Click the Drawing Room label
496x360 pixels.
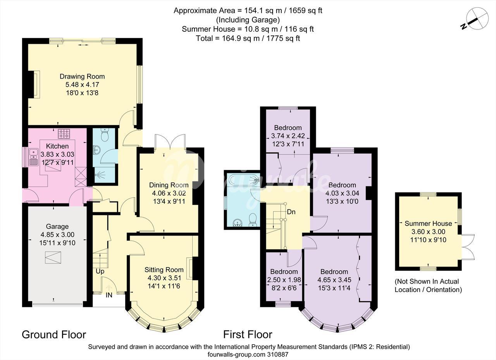pyautogui.click(x=82, y=77)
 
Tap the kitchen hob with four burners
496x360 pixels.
pyautogui.click(x=64, y=134)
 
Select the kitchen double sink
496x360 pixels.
pyautogui.click(x=33, y=157)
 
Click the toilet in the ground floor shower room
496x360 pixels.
pyautogui.click(x=104, y=134)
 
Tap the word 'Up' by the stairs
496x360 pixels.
pyautogui.click(x=100, y=271)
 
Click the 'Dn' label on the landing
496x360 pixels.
pyautogui.click(x=291, y=212)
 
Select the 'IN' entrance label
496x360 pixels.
pyautogui.click(x=109, y=295)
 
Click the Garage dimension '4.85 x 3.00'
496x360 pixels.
pyautogui.click(x=57, y=234)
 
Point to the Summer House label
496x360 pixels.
pyautogui.click(x=428, y=223)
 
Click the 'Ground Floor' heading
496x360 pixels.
pyautogui.click(x=54, y=334)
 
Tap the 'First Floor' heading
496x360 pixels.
pyautogui.click(x=248, y=334)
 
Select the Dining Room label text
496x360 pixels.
pyautogui.click(x=169, y=185)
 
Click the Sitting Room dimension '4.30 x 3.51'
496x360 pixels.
pyautogui.click(x=164, y=278)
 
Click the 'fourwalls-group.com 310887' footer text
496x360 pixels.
pyautogui.click(x=248, y=355)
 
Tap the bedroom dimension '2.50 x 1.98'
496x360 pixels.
pyautogui.click(x=284, y=280)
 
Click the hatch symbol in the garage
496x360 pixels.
pyautogui.click(x=53, y=257)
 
